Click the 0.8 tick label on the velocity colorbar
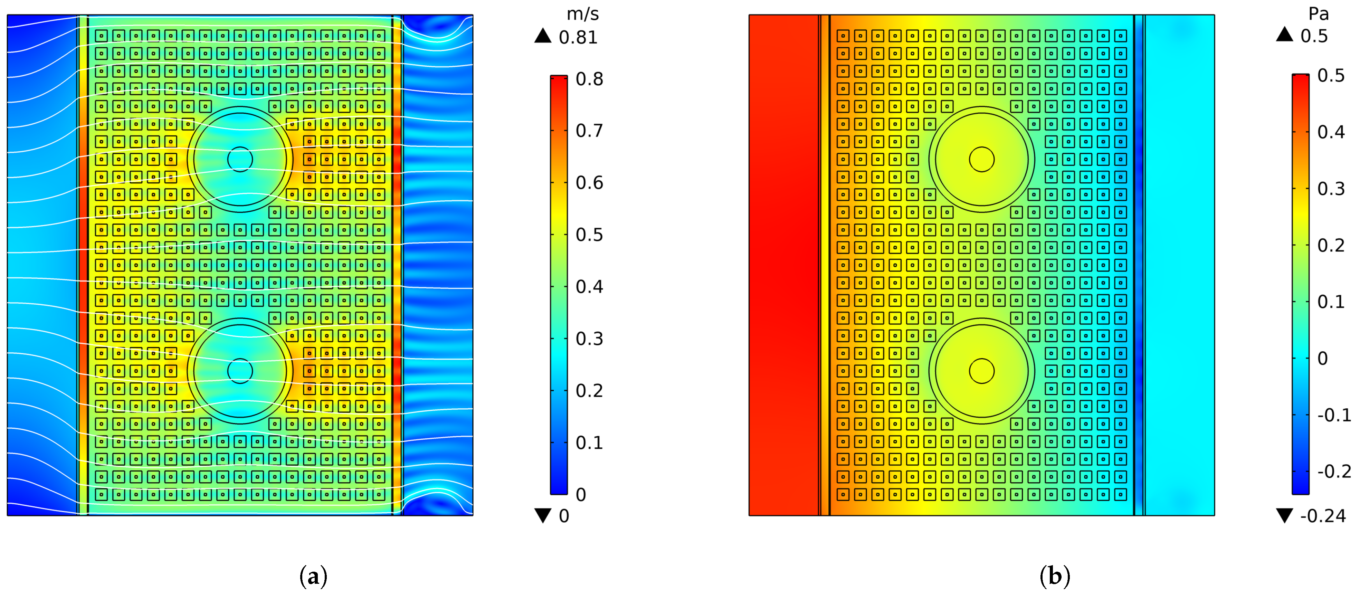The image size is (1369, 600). pos(589,79)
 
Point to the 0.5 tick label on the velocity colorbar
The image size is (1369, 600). pos(589,235)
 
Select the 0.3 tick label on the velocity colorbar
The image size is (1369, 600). pos(589,339)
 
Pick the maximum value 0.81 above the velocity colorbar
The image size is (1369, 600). pos(578,38)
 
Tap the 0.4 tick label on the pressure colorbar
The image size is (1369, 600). pos(1331,132)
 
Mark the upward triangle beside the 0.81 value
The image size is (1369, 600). pos(543,36)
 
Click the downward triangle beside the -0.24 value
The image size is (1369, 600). pos(1284,515)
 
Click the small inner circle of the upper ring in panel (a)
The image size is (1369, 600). pos(240,159)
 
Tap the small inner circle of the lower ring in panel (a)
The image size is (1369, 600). pos(240,371)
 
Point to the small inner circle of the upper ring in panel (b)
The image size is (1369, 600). pos(981,159)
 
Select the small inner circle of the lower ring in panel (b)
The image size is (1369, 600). pos(981,371)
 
